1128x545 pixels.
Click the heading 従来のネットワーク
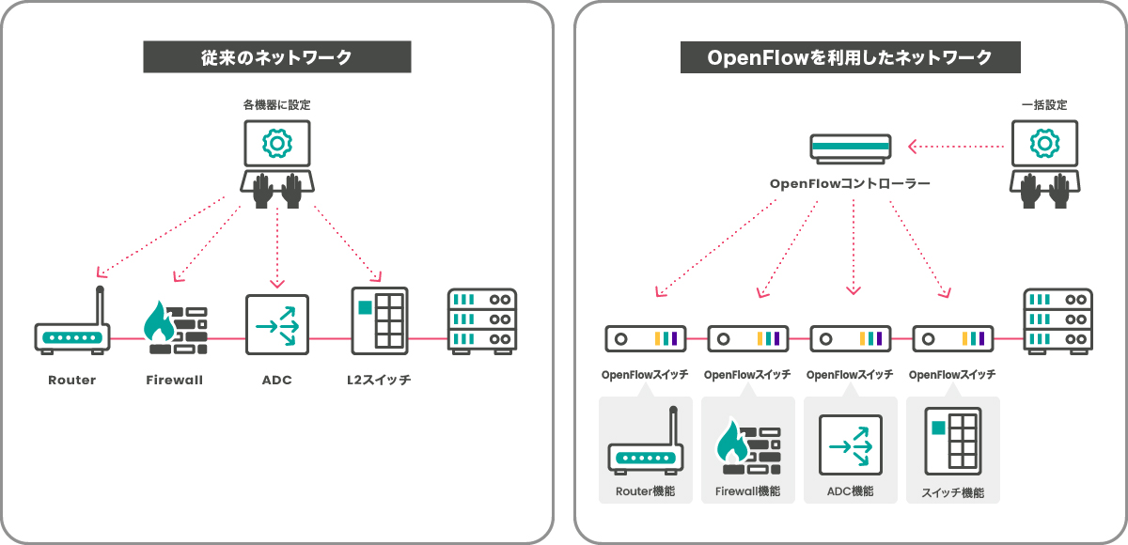point(276,57)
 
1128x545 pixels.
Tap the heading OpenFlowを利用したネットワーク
point(850,57)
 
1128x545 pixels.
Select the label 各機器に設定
point(276,105)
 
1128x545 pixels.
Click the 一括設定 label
point(1044,105)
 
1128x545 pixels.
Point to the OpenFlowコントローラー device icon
point(851,147)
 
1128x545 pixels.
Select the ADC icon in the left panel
point(276,325)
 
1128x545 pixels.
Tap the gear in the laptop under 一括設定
point(1044,143)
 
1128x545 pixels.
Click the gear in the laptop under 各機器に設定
point(276,143)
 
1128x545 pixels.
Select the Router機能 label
point(645,491)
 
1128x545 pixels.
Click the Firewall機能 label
point(747,491)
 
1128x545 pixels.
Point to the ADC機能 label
point(850,491)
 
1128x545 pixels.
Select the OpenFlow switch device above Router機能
point(645,337)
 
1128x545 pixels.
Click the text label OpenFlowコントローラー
point(850,183)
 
